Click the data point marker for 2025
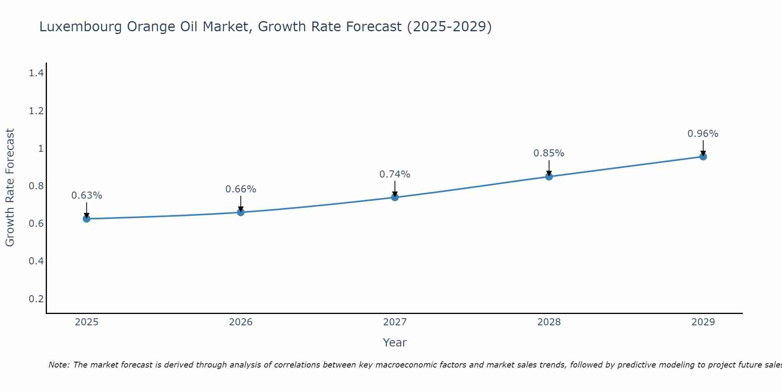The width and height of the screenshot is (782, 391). click(x=86, y=219)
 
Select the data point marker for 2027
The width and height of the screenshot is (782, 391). click(x=395, y=197)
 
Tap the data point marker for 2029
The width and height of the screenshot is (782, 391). click(x=703, y=157)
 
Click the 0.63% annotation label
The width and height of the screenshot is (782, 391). click(x=87, y=195)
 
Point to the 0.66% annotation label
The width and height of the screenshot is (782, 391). click(x=241, y=189)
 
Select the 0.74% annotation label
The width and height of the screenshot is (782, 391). click(x=395, y=174)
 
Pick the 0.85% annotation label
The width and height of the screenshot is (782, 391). click(x=549, y=153)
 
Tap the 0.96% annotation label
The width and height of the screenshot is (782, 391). click(x=703, y=133)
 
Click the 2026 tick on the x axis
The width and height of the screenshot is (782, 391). click(x=241, y=322)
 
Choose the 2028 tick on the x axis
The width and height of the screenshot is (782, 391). click(x=549, y=322)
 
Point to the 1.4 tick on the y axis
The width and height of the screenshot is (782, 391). click(x=36, y=73)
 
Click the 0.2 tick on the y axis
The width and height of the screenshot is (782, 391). click(x=36, y=299)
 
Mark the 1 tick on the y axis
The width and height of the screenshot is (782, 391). click(x=40, y=148)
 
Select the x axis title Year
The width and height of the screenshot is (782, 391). click(x=395, y=343)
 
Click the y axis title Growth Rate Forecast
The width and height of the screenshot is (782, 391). click(x=10, y=188)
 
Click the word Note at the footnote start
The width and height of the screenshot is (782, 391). click(x=59, y=365)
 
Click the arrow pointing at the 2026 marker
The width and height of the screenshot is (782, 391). click(x=241, y=203)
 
